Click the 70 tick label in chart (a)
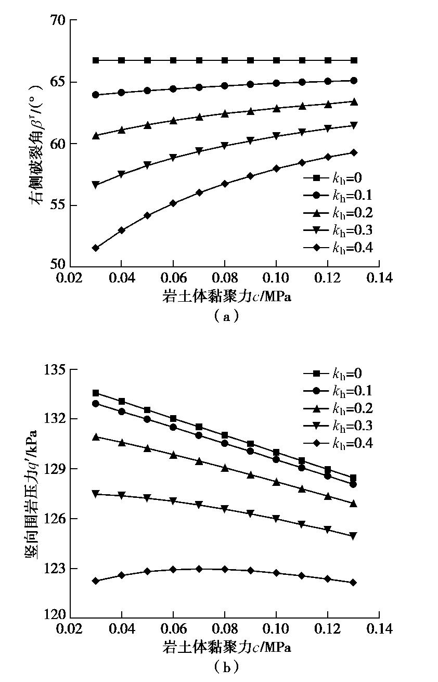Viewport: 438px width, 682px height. (59, 20)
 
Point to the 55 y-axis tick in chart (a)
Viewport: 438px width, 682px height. (59, 205)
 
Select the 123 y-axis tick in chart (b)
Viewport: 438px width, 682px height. (55, 569)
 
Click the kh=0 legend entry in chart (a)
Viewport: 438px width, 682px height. (338, 178)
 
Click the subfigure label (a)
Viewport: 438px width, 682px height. (225, 315)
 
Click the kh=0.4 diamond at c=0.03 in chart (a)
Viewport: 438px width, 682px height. (96, 248)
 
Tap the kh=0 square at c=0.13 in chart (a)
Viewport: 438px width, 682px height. (354, 60)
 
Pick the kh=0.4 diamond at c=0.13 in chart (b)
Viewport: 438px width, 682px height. (354, 582)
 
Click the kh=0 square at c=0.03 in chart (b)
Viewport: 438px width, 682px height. (96, 393)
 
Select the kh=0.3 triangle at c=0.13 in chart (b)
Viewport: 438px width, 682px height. (354, 536)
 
